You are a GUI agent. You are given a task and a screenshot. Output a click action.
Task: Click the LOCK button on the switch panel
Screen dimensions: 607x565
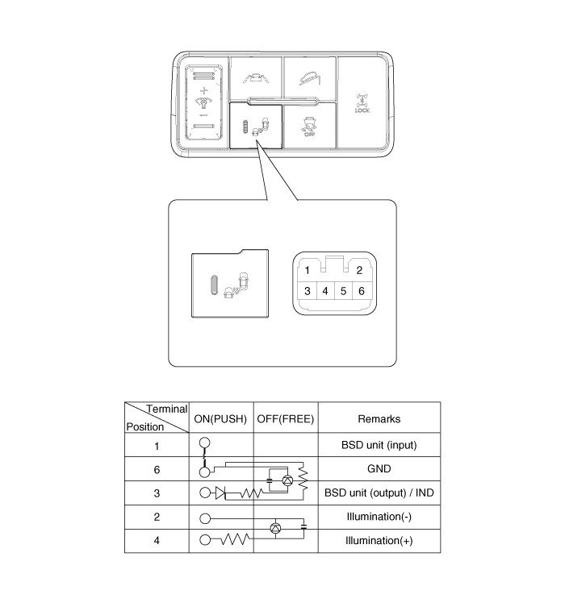point(362,102)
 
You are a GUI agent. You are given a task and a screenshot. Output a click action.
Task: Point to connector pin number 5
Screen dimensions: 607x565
point(343,290)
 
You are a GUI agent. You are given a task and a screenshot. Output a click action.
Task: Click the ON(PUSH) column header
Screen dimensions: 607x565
point(221,419)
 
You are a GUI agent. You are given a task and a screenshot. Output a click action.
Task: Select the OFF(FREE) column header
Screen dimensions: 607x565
point(286,419)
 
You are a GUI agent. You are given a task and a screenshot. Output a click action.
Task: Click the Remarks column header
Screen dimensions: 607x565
point(379,419)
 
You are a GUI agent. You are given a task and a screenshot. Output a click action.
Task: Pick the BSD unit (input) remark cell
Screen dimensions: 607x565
point(379,445)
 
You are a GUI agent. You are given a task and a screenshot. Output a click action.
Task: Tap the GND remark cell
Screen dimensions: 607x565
point(379,468)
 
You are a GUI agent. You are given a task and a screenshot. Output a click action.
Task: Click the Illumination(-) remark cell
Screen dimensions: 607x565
point(379,517)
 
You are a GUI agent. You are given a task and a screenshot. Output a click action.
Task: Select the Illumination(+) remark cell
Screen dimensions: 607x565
point(379,541)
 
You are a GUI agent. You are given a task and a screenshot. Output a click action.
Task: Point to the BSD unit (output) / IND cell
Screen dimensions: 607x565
point(379,493)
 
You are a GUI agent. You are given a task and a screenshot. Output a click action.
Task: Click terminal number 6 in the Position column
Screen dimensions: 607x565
point(156,468)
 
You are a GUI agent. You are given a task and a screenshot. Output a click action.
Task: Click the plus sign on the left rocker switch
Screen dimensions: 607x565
point(203,90)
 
